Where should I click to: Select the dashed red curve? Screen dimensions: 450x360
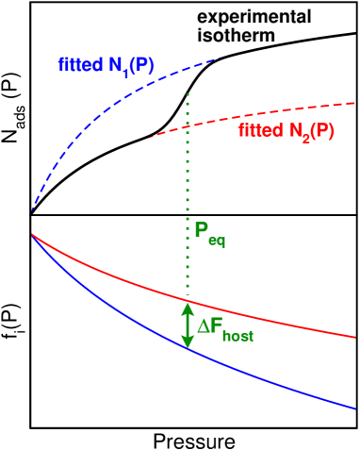coord(283,111)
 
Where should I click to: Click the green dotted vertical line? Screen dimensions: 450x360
coord(188,189)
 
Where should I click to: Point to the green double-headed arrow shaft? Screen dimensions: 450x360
coord(188,325)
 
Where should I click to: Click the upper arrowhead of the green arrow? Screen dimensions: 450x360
coord(188,308)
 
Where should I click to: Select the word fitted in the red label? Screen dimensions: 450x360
coord(258,131)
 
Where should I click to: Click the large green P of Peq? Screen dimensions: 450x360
coord(201,229)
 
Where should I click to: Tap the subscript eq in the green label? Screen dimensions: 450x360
coord(217,241)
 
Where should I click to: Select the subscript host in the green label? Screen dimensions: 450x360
coord(237,335)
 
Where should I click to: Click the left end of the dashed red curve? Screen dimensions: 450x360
coord(146,139)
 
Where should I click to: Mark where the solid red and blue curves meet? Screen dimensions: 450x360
coord(32,233)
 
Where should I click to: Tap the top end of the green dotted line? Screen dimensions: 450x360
coord(188,93)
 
